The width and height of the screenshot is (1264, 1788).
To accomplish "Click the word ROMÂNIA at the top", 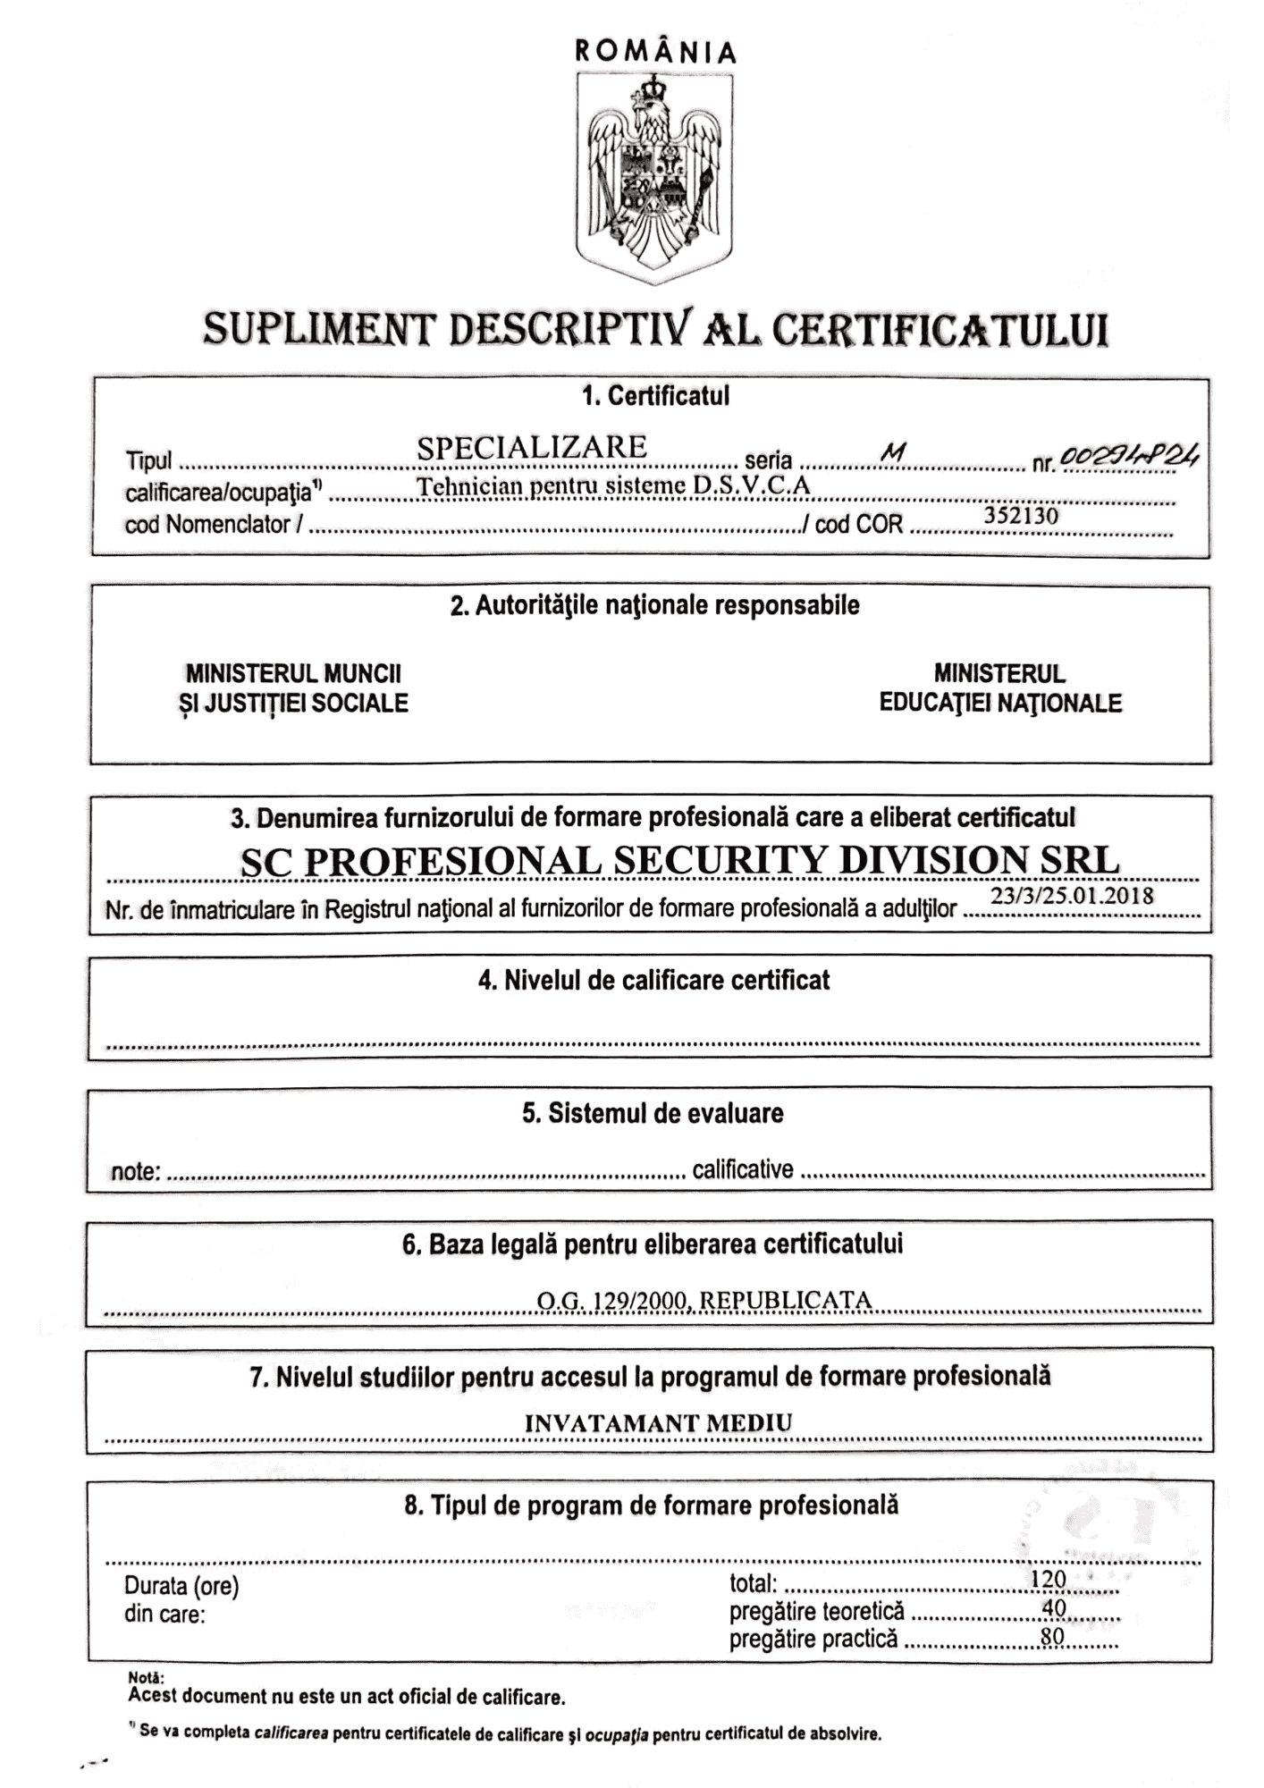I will pos(655,52).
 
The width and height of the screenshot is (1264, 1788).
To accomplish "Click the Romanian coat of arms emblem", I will pos(654,174).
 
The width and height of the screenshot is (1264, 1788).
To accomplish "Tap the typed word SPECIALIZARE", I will pos(532,447).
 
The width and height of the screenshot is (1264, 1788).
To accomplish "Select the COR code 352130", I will pos(1021,516).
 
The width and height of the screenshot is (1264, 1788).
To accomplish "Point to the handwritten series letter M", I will pos(892,454).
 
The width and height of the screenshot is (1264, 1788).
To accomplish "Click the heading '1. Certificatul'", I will pos(655,396).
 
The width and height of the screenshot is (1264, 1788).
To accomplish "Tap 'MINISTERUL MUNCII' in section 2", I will pos(293,673).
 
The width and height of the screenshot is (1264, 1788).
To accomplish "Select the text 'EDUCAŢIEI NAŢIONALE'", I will pos(1000,703).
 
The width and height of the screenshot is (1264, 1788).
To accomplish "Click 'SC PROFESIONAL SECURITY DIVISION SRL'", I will pos(679,861).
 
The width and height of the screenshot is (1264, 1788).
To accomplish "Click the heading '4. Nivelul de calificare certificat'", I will pos(653,980).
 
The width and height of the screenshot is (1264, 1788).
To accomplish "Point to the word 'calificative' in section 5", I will pos(743,1169).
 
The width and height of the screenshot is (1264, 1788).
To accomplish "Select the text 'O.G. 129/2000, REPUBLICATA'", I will pos(704,1300).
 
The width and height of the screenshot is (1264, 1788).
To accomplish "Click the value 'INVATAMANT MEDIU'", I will pos(658,1423).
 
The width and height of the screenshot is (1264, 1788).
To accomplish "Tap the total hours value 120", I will pos(1049,1579).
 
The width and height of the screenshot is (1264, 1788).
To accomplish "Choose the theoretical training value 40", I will pos(1054,1607).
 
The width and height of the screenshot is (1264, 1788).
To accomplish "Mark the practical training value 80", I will pos(1052,1636).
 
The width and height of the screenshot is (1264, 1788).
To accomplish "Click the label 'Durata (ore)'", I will pos(181,1586).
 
